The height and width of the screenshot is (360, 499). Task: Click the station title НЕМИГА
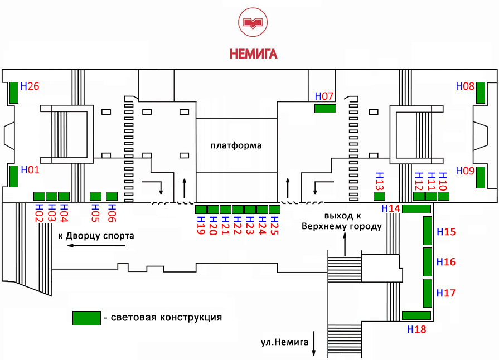253,54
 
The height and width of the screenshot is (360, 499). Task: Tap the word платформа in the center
236,146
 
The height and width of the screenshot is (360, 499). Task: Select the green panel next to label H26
14,93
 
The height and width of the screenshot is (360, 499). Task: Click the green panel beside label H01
14,176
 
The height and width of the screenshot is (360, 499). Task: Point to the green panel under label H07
325,108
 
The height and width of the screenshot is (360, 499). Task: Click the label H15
446,231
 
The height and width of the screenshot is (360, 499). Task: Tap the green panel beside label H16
428,262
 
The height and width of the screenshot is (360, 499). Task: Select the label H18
416,329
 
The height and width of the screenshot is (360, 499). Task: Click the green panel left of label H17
428,293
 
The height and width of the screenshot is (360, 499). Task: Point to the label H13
379,181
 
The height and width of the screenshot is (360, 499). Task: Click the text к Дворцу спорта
96,235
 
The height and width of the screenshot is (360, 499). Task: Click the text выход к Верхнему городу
341,221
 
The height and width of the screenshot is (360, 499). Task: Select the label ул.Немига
284,342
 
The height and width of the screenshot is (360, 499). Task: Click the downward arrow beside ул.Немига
314,343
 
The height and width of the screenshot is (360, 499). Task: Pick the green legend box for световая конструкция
86,318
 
